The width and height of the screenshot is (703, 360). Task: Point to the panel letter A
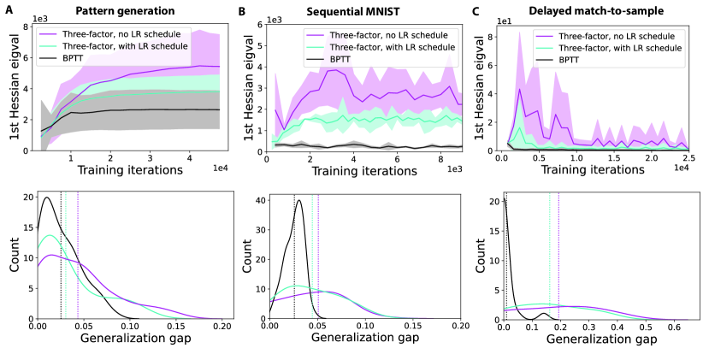[x=10, y=11]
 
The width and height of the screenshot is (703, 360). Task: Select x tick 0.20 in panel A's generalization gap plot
[x=221, y=326]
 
